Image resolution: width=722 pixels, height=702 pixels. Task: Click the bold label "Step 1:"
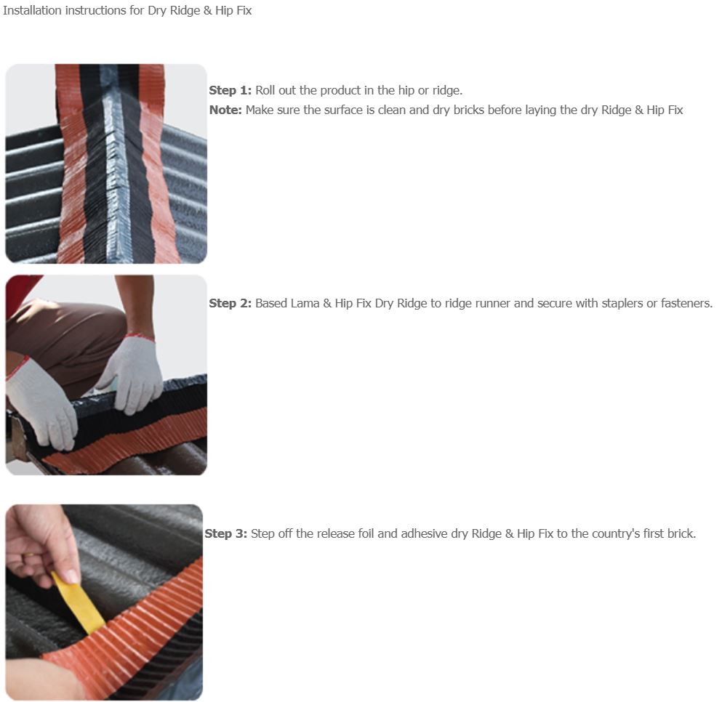point(230,90)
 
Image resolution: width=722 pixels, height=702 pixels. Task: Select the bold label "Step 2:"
point(230,303)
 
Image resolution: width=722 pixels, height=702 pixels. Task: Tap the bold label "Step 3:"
point(225,533)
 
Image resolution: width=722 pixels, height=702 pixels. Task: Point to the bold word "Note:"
point(225,110)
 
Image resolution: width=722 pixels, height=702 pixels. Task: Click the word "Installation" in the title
point(32,10)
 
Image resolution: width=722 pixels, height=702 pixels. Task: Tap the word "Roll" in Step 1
point(265,90)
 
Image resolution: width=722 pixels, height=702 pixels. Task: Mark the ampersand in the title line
point(208,10)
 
